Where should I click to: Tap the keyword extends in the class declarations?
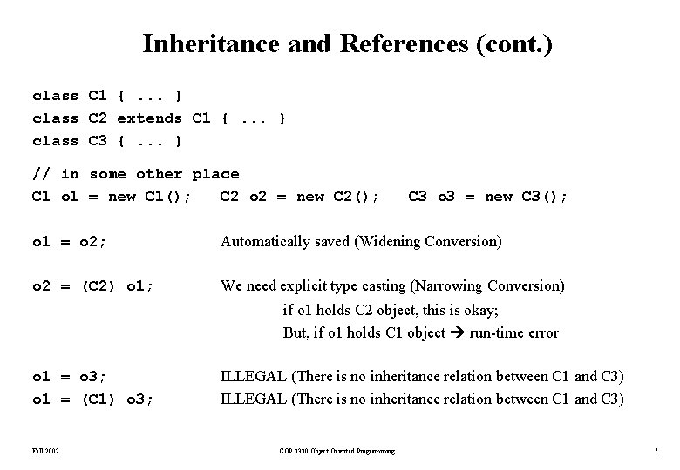click(x=149, y=117)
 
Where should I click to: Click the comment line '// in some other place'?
click(x=135, y=174)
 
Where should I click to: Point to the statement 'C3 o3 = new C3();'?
click(x=488, y=197)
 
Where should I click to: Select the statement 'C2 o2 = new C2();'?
click(x=300, y=197)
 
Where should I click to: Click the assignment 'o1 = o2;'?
click(x=70, y=241)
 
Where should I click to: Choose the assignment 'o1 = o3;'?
click(x=70, y=377)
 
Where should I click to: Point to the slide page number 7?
click(x=655, y=451)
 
